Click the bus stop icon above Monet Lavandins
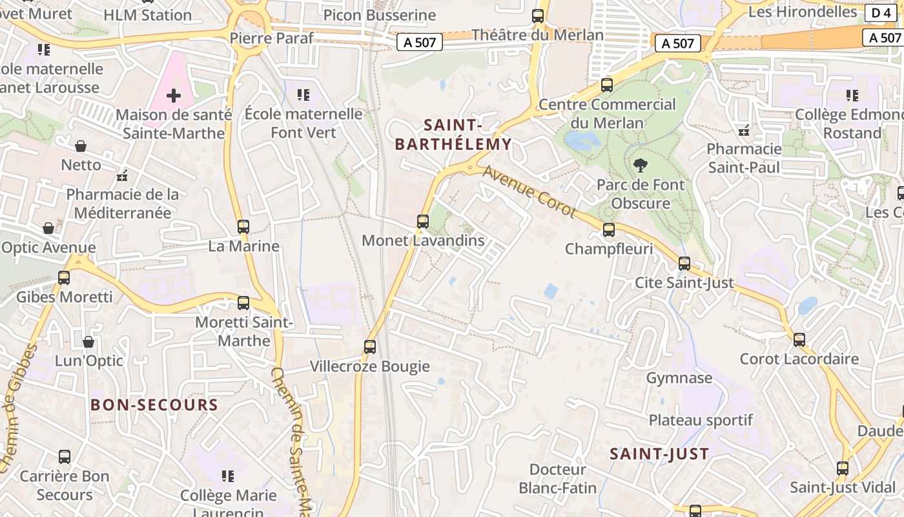click(423, 222)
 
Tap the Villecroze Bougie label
click(370, 366)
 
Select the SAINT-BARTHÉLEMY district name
click(453, 134)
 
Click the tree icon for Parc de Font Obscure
click(640, 165)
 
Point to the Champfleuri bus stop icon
click(608, 230)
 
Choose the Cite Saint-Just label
click(684, 282)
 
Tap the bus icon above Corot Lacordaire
click(799, 340)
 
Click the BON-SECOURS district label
click(154, 405)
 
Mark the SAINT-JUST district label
click(659, 454)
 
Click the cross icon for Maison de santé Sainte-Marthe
click(174, 96)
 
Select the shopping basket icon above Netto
click(81, 146)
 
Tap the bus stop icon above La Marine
click(243, 227)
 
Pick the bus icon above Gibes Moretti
click(64, 278)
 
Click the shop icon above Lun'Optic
click(88, 341)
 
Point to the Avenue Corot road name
click(529, 191)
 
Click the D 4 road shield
click(881, 13)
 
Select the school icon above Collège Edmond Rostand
click(852, 96)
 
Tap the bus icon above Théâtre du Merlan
click(538, 16)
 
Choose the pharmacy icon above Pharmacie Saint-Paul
click(744, 131)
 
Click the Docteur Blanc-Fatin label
click(558, 478)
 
